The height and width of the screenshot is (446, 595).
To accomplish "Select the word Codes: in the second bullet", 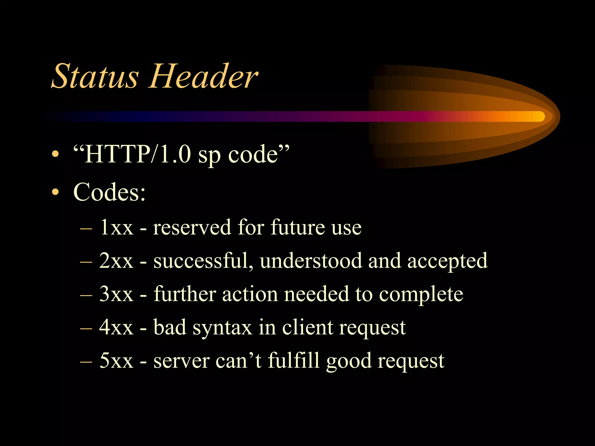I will tap(109, 192).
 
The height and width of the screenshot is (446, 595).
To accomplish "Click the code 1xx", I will tap(116, 227).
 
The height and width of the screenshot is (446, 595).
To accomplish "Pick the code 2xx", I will tap(116, 261).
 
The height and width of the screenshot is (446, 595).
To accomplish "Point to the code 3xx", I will tap(116, 294).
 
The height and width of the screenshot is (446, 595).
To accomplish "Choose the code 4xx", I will tap(116, 328).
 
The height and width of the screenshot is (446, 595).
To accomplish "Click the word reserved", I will tap(192, 227).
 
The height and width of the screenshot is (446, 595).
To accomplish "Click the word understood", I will tap(311, 261).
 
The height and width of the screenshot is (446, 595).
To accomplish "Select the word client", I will tap(308, 328).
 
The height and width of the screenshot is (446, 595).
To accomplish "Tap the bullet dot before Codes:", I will tap(55, 192).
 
